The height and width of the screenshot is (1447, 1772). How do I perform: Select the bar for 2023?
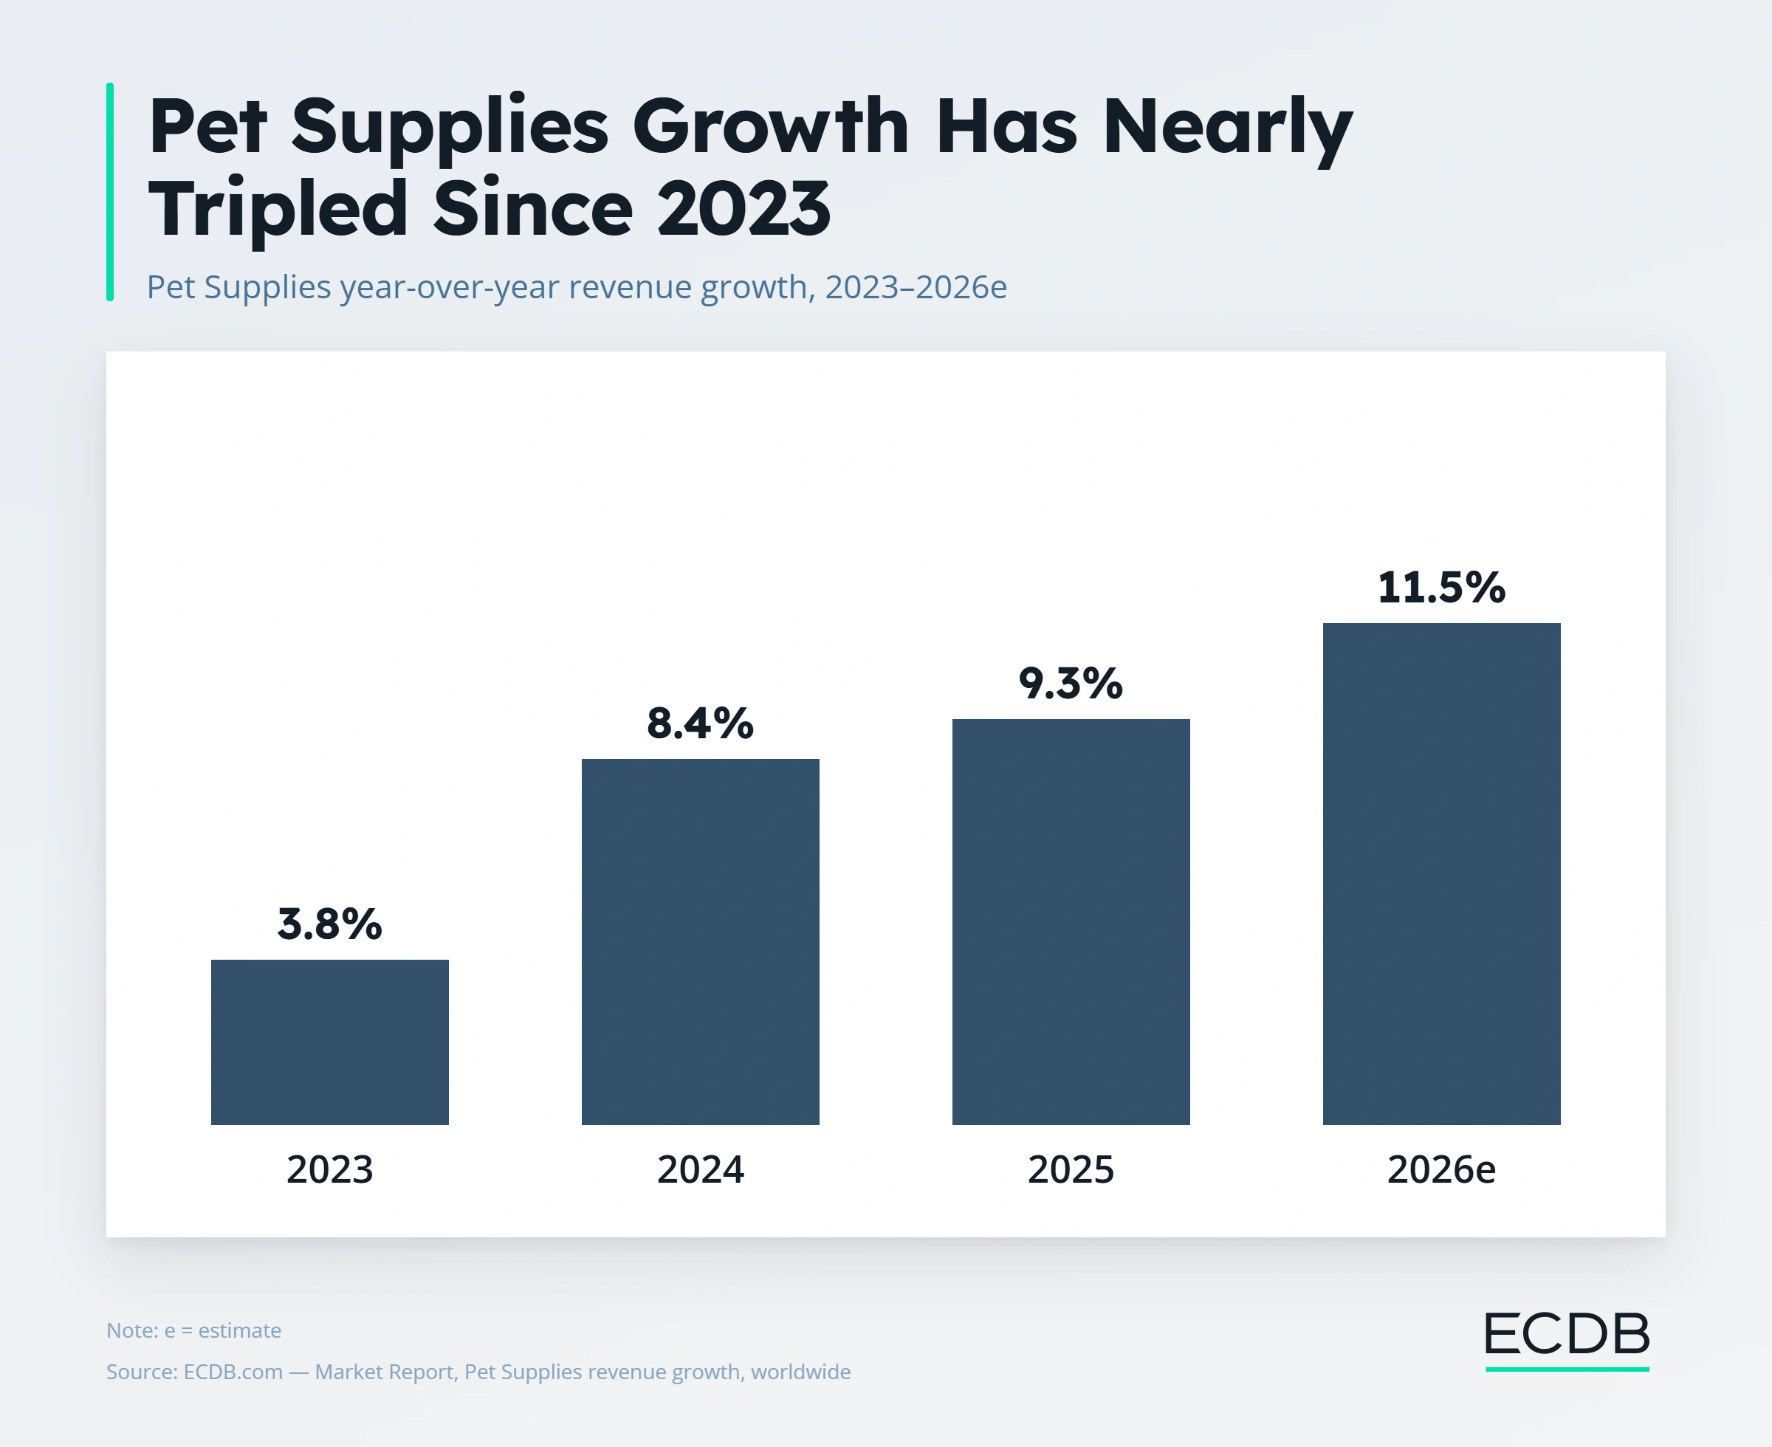329,1042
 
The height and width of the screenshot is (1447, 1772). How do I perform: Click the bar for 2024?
700,941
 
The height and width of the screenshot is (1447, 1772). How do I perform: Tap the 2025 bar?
1071,921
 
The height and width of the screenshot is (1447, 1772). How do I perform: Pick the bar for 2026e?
1441,873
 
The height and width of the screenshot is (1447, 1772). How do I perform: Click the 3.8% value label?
329,924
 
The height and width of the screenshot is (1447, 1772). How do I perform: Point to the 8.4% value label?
700,723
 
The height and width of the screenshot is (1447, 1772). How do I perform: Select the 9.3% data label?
1071,683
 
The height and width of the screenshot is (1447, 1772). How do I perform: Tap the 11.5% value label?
1441,587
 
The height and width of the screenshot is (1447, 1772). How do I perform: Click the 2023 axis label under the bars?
329,1169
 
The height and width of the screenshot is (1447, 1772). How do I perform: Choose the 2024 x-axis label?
700,1169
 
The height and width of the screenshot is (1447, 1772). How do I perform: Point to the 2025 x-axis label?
1071,1169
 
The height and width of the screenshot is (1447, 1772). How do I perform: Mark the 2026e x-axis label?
1441,1169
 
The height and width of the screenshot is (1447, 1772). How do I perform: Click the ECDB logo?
1567,1339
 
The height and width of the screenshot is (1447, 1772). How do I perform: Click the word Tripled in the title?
278,209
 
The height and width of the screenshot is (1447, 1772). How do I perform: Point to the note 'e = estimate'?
222,1330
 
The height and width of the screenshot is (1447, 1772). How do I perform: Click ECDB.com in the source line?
233,1372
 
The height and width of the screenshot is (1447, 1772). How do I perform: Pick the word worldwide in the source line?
800,1372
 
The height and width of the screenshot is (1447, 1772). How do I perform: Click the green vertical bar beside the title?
110,192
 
